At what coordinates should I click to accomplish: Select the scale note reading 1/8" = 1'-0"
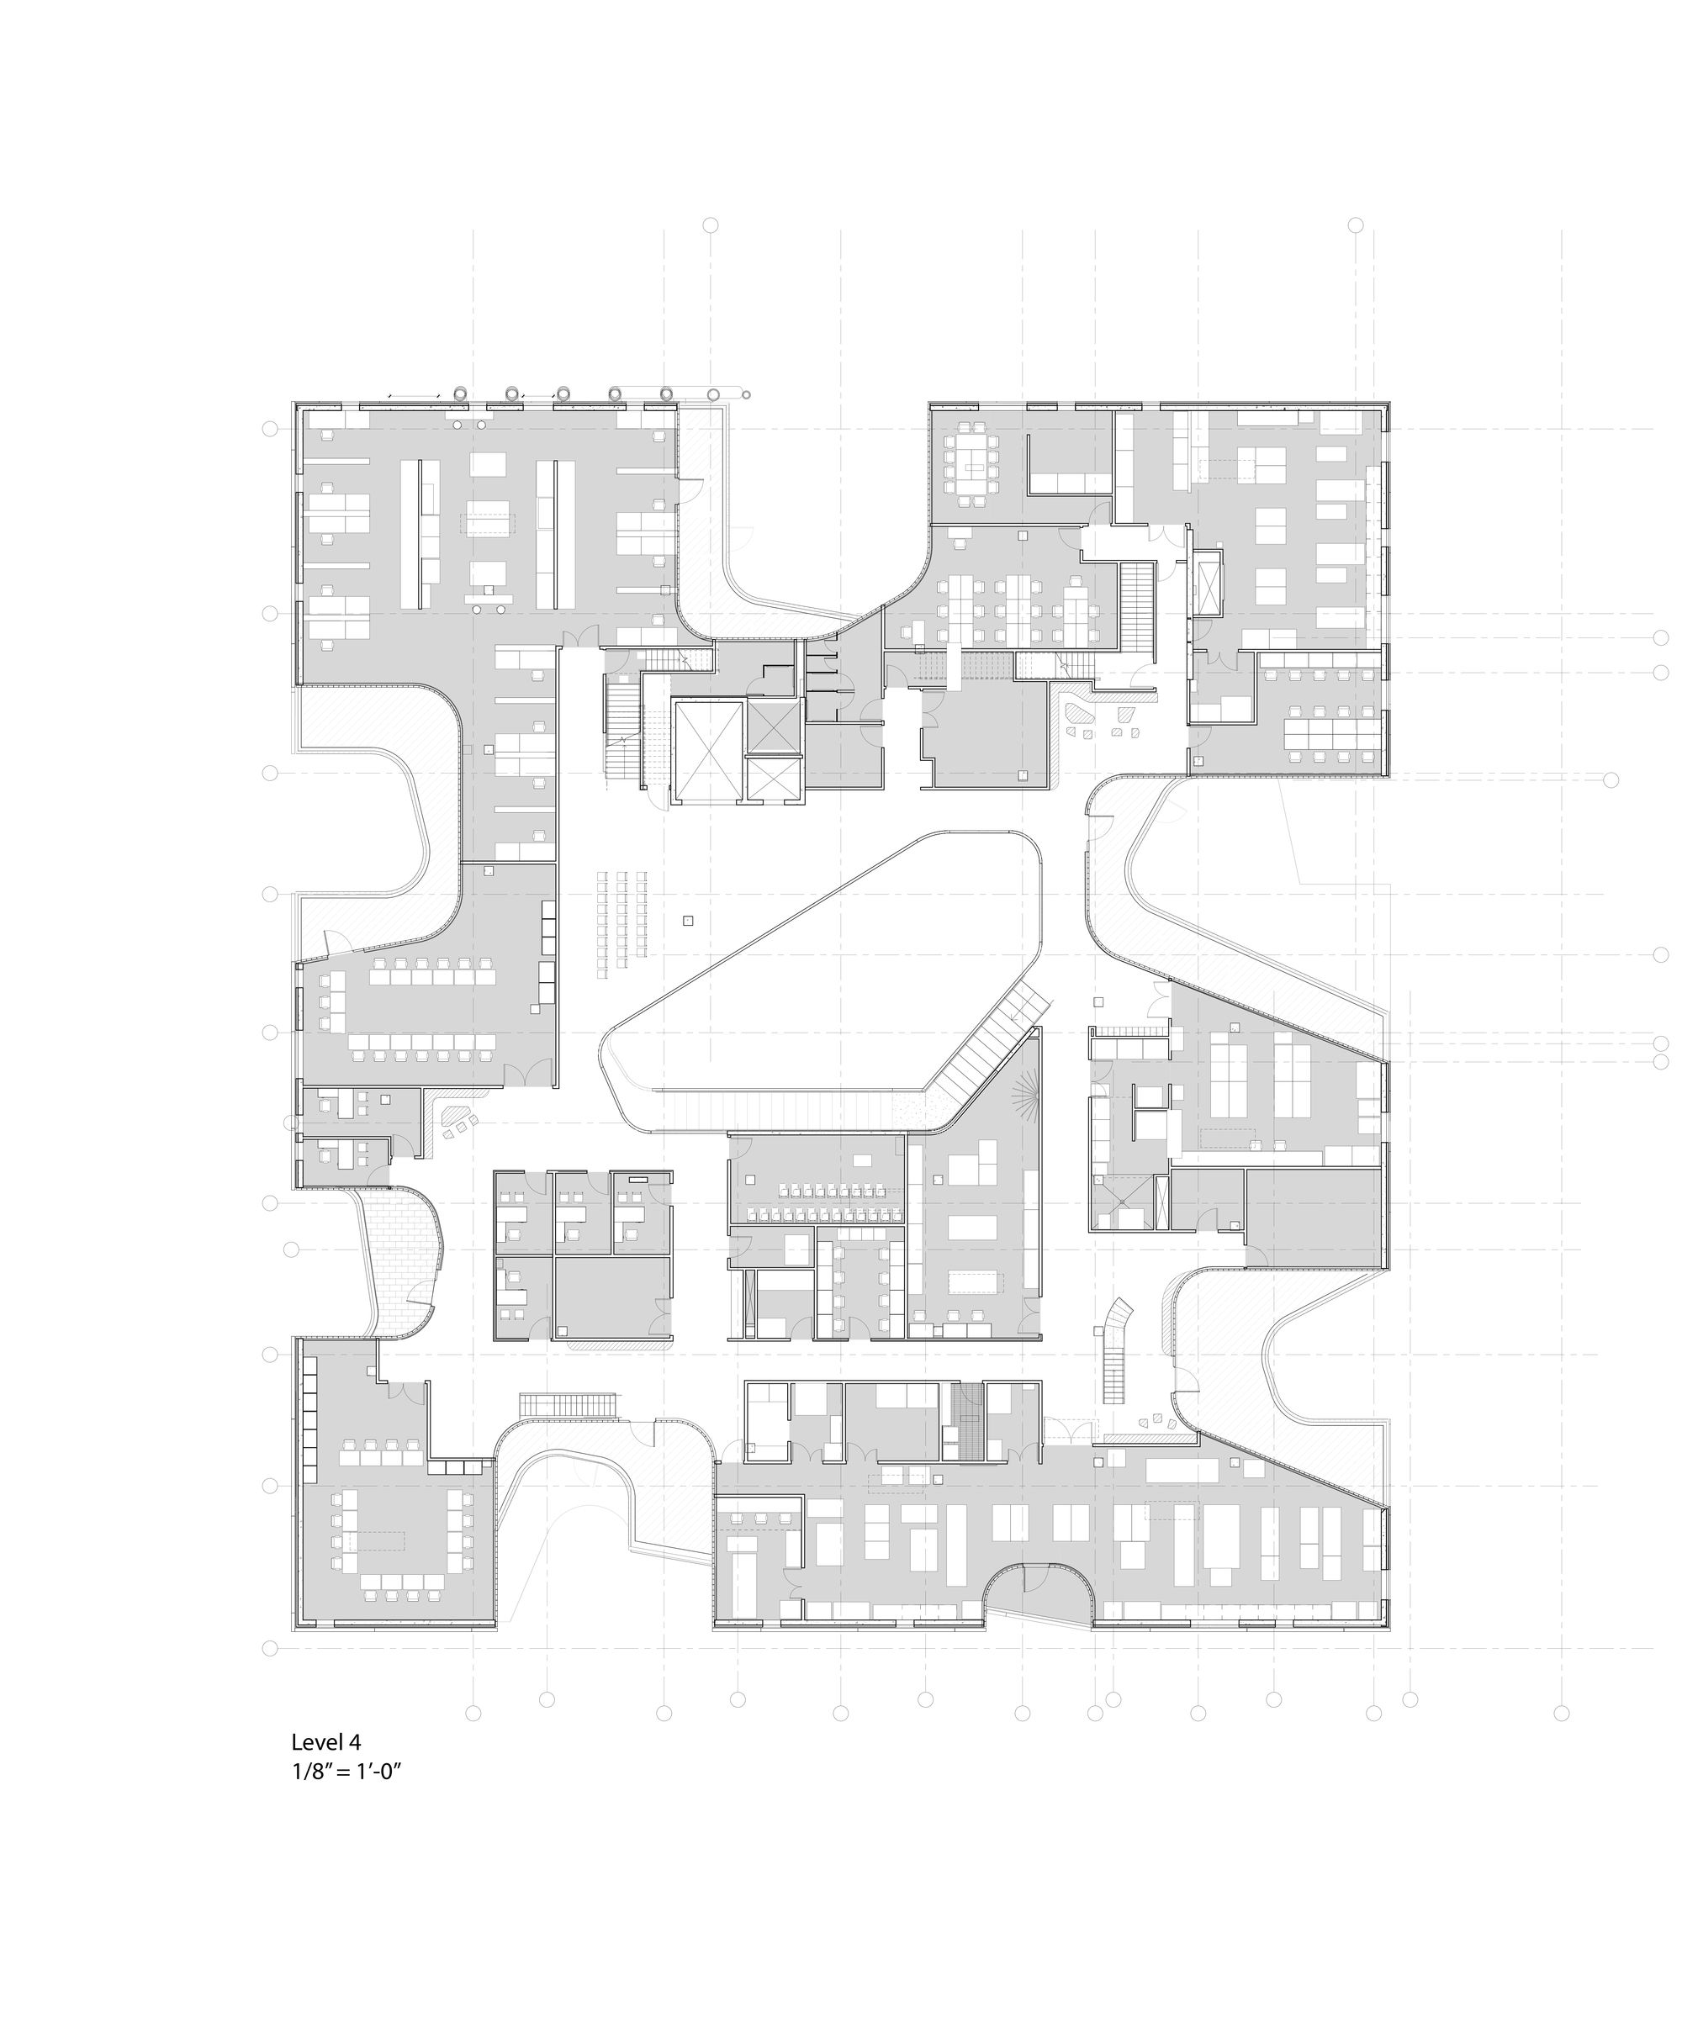click(x=346, y=1772)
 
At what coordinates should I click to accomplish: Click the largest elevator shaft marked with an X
click(x=708, y=752)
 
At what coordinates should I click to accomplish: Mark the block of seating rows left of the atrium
click(x=621, y=923)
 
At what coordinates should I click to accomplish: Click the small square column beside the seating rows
click(x=688, y=920)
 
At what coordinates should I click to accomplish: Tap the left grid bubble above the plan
click(x=711, y=225)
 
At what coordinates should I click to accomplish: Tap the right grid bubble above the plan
click(x=1355, y=225)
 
